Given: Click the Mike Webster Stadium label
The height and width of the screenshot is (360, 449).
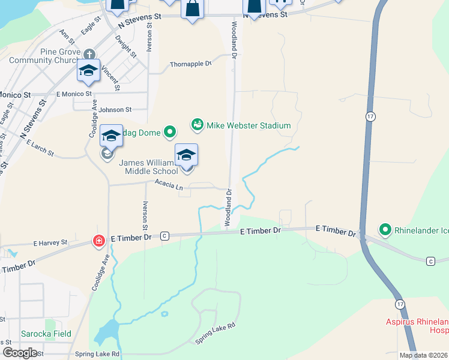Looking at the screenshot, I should click(249, 125).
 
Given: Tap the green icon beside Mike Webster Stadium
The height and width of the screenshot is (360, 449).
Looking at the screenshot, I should click(196, 125).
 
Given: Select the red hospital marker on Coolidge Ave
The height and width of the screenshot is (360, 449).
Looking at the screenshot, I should click(98, 241).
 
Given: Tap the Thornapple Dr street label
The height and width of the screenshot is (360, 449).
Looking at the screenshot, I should click(191, 64).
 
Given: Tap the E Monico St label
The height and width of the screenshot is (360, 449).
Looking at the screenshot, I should click(73, 94).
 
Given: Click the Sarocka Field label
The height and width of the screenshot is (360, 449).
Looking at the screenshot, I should click(46, 334).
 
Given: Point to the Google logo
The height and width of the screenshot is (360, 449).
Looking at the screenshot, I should click(19, 353).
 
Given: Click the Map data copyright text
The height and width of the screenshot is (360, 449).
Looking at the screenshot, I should click(424, 355).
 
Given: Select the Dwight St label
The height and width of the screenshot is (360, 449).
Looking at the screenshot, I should click(127, 48).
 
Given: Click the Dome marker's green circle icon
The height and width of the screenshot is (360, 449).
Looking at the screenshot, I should click(170, 130).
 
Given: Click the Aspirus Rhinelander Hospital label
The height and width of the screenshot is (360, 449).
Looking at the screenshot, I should click(417, 326).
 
